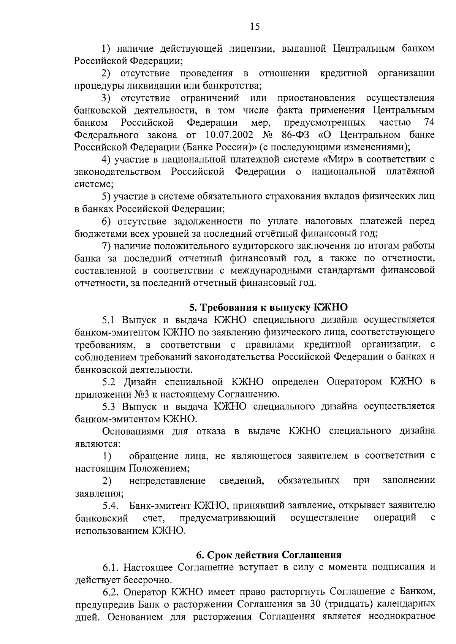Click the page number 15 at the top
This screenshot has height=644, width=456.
click(255, 26)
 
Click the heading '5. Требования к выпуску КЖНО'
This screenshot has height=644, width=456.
click(268, 307)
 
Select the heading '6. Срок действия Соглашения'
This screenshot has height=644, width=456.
click(268, 554)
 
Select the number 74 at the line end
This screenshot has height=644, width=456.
click(428, 123)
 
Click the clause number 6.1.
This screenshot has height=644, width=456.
click(111, 568)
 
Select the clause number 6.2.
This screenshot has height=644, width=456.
click(111, 592)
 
